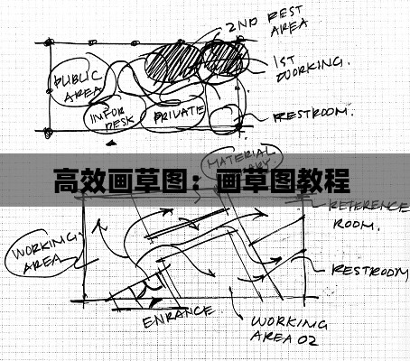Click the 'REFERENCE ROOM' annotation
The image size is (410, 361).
pyautogui.click(x=361, y=214)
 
